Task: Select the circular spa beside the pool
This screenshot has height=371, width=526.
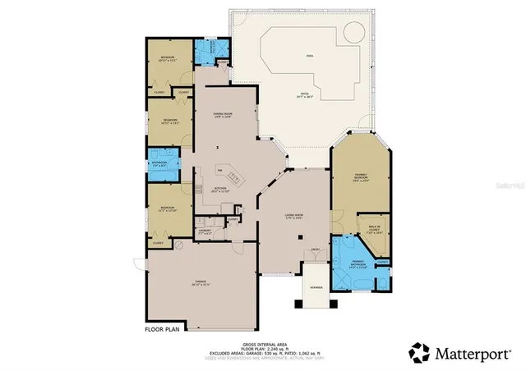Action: click(353, 33)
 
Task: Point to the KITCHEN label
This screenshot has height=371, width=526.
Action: click(220, 189)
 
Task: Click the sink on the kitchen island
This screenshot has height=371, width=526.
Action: click(233, 177)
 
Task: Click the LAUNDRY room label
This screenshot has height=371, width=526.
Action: click(206, 231)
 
